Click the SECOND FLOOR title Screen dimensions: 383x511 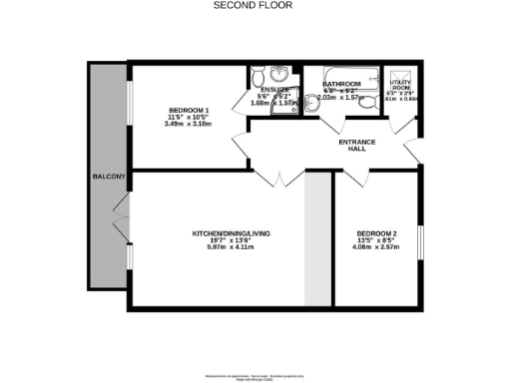click(255, 5)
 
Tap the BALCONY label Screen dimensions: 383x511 click(107, 178)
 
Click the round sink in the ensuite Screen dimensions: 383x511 click(278, 76)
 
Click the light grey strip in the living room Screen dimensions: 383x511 click(316, 239)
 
